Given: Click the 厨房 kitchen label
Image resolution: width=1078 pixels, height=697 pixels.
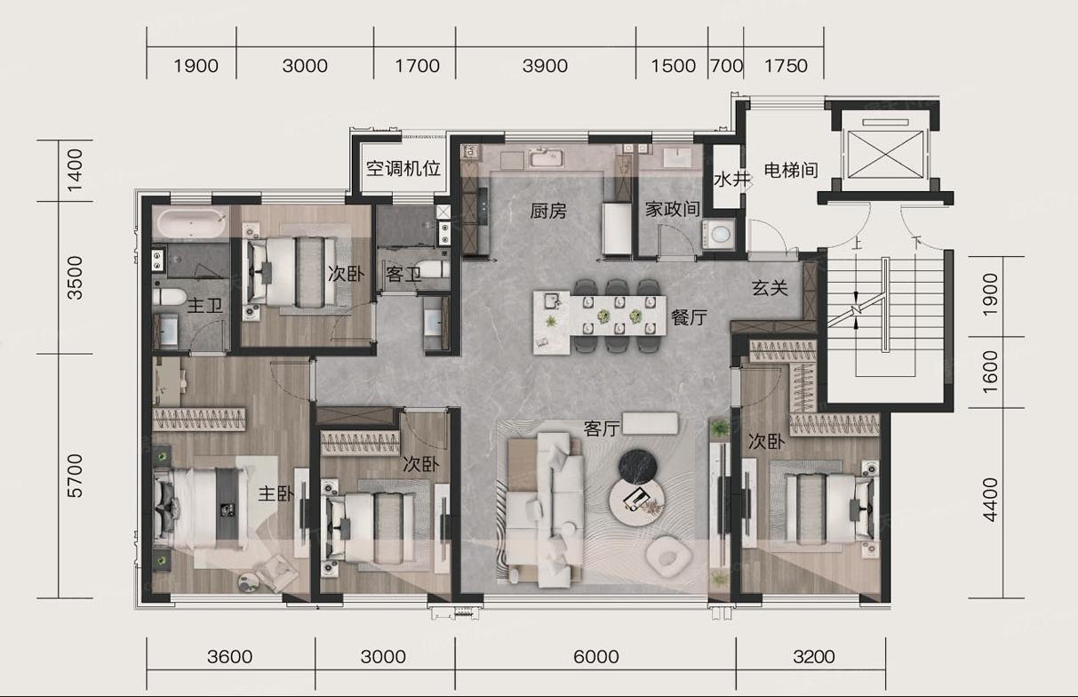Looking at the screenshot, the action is point(548,211).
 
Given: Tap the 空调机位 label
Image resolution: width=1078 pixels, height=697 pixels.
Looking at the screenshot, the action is point(403,169).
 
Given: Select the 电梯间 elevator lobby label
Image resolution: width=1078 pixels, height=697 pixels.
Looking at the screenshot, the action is point(791,170).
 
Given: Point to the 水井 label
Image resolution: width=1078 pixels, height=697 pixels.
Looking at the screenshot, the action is point(732,180).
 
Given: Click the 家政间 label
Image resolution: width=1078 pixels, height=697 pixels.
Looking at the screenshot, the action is point(673,209).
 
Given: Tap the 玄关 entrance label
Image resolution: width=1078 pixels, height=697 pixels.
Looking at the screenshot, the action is point(770,288).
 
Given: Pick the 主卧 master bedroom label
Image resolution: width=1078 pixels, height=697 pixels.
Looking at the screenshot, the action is point(275,493).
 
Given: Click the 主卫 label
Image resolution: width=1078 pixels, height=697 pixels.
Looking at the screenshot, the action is point(204,305).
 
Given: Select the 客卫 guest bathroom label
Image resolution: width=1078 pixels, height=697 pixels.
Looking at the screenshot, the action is point(403,275).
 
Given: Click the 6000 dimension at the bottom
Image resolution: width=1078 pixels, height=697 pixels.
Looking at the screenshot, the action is point(595,657).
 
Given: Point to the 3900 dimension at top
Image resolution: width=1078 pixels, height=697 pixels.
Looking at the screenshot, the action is point(545,66).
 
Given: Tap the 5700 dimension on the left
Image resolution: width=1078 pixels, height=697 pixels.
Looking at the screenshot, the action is point(75,476).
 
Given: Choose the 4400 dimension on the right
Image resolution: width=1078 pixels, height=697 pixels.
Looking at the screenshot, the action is point(990,500).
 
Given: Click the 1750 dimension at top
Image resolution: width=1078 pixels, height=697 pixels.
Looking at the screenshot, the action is point(786,66).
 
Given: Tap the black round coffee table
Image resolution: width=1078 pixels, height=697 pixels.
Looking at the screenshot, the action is point(638,466).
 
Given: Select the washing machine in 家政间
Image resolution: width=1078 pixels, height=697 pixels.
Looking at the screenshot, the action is point(718,235).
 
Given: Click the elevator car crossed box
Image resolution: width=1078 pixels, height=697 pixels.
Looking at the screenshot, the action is point(885,155).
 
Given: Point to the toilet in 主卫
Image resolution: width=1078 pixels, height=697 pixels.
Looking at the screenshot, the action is point(169,297).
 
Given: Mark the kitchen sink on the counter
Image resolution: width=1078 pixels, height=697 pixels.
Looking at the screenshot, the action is point(547,158).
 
